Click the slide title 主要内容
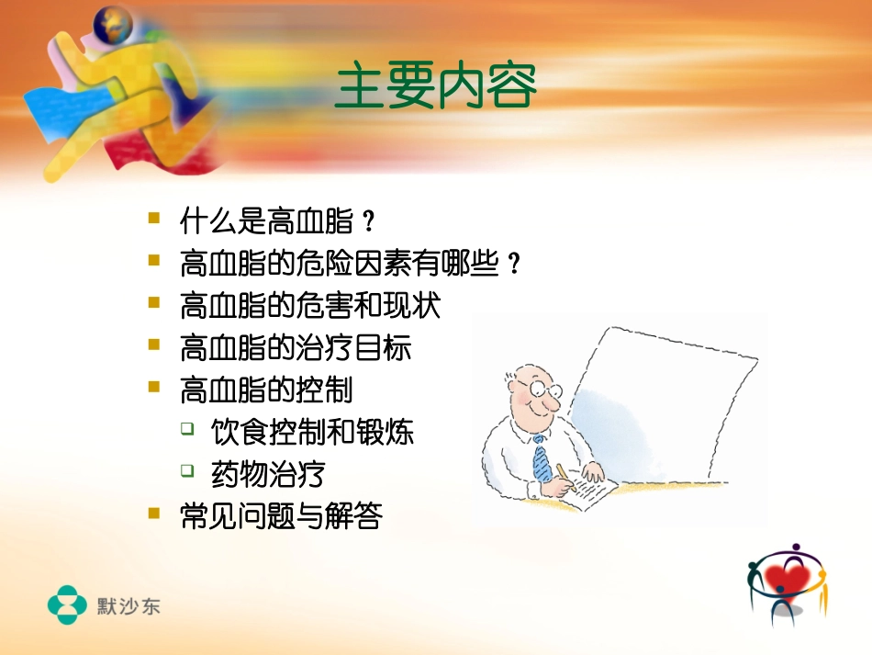coord(436,88)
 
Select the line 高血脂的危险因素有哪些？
coord(351,265)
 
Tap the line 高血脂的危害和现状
coord(311,306)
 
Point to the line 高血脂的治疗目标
coord(296,348)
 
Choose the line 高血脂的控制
coord(267,390)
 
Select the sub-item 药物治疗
coord(267,474)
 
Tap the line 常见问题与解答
coord(282,516)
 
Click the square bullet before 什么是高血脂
coord(153,219)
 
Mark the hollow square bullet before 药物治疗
coord(187,470)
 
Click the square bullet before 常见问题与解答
coord(153,514)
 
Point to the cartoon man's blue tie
coord(541,459)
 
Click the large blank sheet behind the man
coord(661,395)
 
